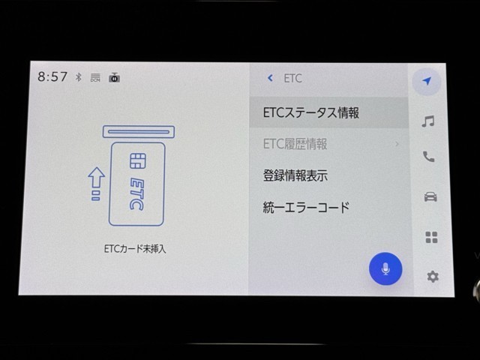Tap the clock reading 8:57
point(52,76)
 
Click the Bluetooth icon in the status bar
point(79,77)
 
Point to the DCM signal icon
point(95,77)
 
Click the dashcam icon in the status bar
point(115,77)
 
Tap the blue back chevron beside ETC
point(270,78)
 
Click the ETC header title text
point(293,78)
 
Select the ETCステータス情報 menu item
point(311,112)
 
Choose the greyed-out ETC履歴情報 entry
point(295,144)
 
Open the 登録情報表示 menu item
point(295,175)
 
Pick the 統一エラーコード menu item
point(306,207)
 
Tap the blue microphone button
point(385,268)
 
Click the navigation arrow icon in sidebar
point(427,81)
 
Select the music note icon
point(428,121)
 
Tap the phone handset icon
point(428,157)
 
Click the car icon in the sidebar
point(430,196)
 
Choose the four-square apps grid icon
point(432,237)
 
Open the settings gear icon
point(433,277)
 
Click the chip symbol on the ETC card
point(138,161)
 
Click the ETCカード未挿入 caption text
point(135,249)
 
